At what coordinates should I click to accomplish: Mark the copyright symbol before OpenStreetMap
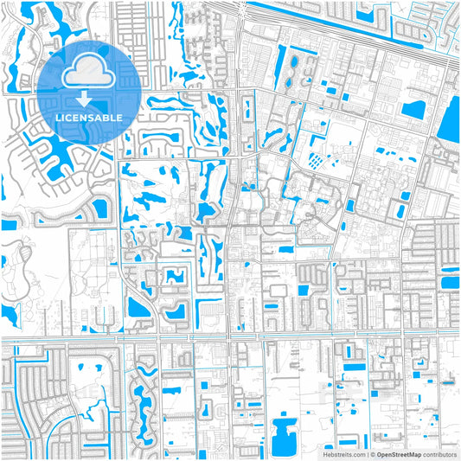click(x=372, y=453)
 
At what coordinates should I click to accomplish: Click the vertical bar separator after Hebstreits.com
click(x=365, y=453)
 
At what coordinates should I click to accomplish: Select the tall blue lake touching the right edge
click(x=449, y=117)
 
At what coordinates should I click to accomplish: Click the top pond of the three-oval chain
click(x=292, y=62)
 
